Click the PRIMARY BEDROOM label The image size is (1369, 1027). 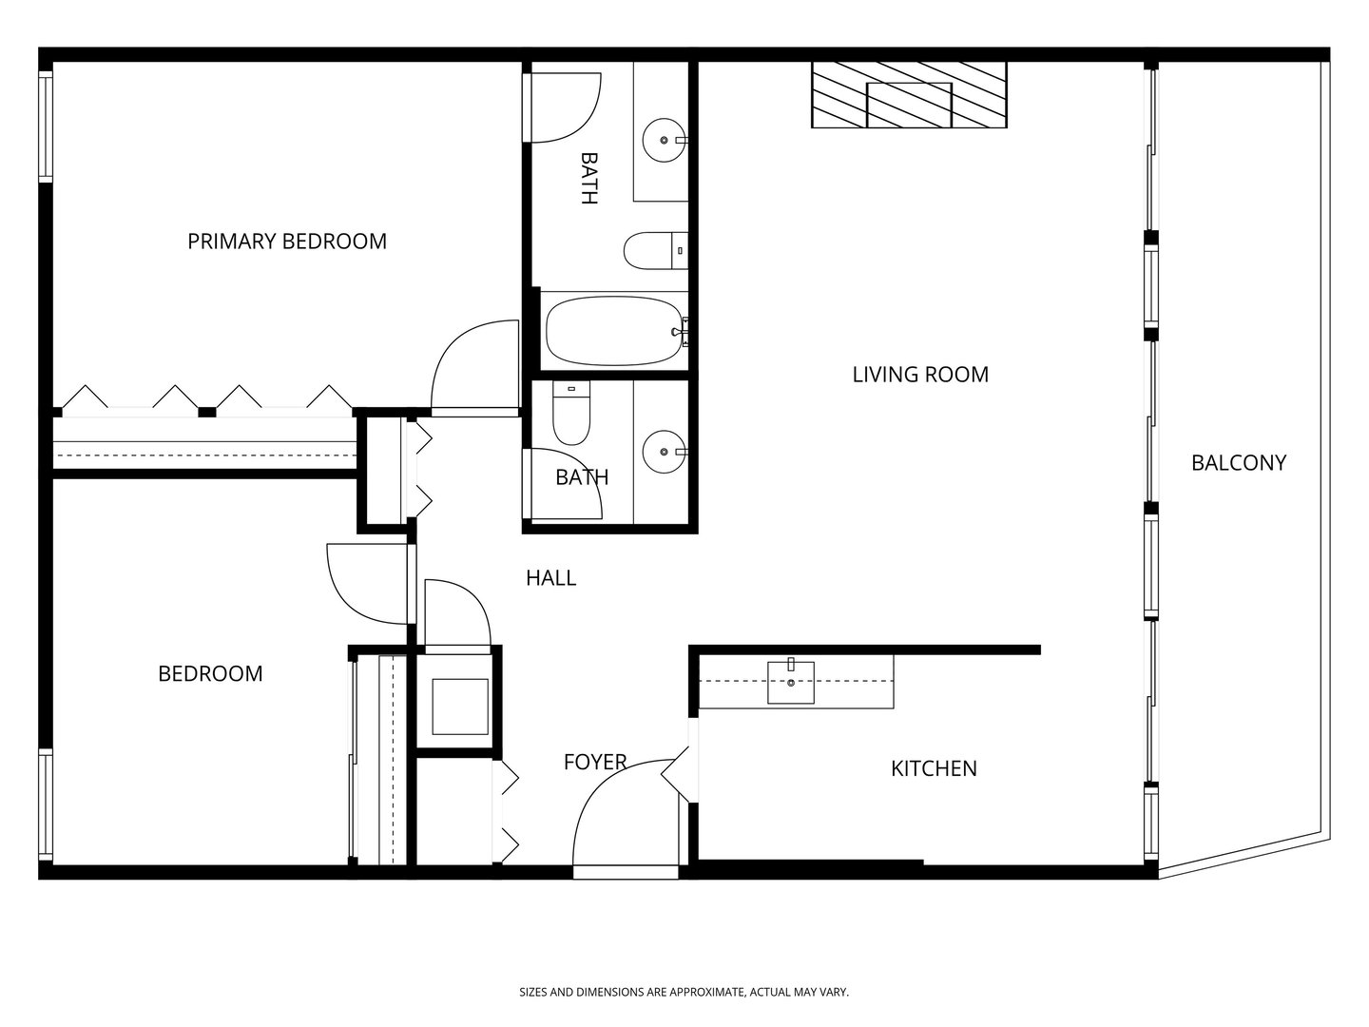point(286,242)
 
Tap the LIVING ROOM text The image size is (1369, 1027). point(919,375)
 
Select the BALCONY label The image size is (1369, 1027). point(1238,463)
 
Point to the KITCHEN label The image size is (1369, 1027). point(933,768)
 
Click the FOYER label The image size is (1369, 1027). point(595,762)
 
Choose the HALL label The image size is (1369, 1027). point(550,578)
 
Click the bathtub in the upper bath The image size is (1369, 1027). point(614,331)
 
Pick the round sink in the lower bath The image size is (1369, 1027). point(663,452)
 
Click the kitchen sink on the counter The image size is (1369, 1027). point(791,682)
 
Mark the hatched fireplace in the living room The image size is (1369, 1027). point(908,95)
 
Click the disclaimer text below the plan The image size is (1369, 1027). point(684,992)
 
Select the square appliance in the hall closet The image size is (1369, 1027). point(460,705)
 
